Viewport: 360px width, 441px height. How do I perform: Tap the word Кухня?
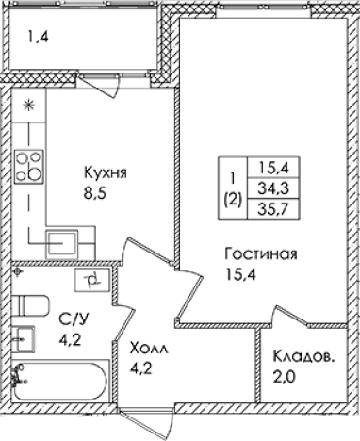(x=105, y=173)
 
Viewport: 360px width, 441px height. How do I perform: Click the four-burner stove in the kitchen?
(x=30, y=166)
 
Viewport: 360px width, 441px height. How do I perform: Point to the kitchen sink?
(x=63, y=239)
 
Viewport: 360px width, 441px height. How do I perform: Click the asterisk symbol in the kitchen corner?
(x=27, y=104)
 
